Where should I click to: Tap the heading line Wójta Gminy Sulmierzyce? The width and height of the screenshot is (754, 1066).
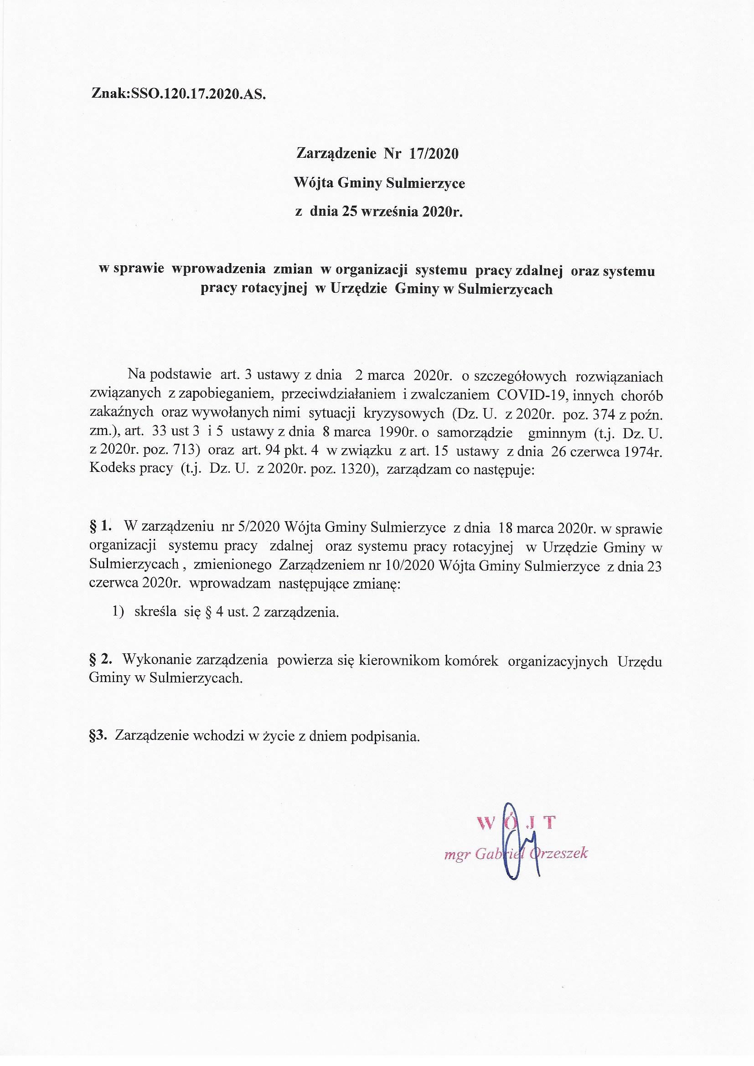pyautogui.click(x=379, y=183)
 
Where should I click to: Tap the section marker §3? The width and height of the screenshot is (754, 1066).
pyautogui.click(x=98, y=736)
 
